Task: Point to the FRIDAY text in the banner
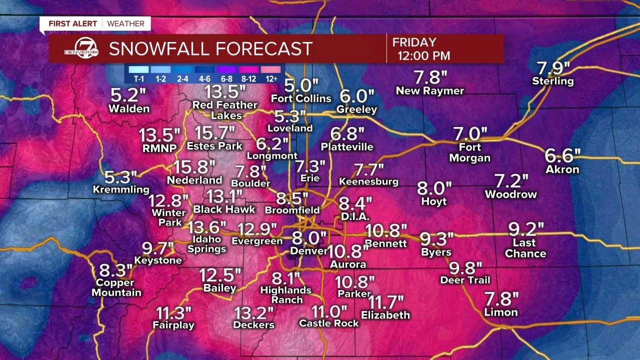tap(414, 42)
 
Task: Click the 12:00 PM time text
tap(423, 55)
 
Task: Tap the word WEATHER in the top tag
tap(125, 23)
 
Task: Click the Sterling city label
tap(552, 81)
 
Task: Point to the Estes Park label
tap(214, 146)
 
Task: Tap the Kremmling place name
tap(121, 189)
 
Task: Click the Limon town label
tap(500, 312)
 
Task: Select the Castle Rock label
tap(328, 323)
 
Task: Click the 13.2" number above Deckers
tap(254, 313)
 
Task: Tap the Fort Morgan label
tap(469, 152)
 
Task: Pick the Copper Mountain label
tap(116, 287)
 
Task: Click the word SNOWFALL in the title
tap(157, 49)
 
